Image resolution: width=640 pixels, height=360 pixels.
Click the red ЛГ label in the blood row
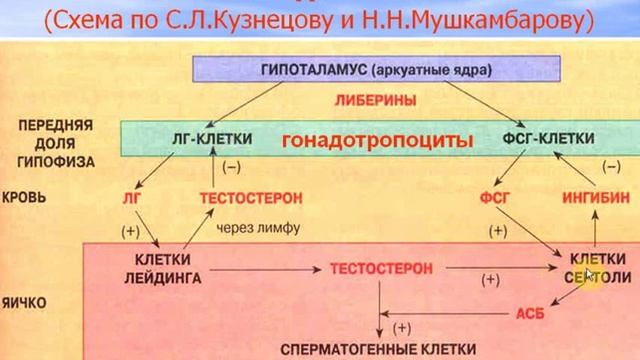[131, 198]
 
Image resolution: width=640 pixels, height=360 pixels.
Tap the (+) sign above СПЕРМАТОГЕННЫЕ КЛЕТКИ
[402, 327]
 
